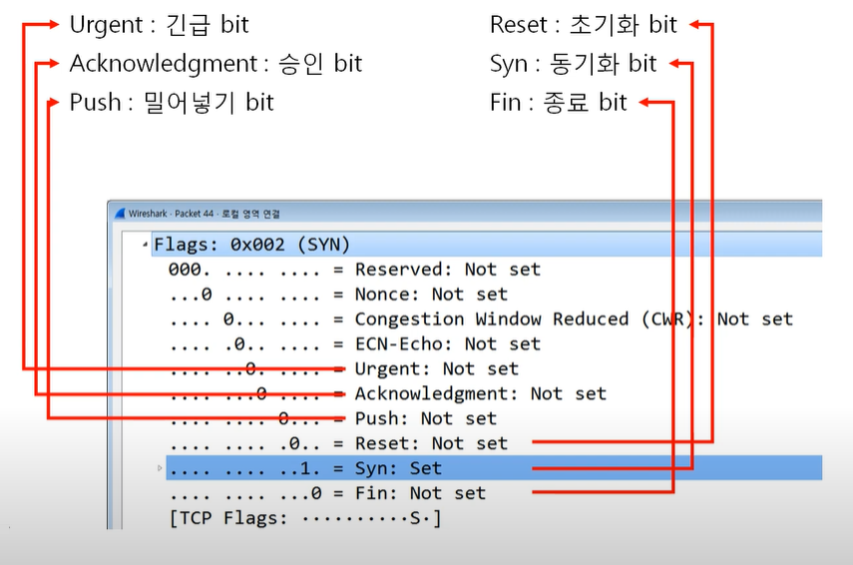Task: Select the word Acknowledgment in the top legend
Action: click(164, 64)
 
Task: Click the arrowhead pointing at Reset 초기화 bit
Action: click(698, 24)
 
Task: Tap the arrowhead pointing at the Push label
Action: click(54, 102)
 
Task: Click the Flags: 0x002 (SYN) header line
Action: click(251, 245)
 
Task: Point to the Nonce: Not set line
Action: click(431, 294)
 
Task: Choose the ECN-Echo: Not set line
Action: click(447, 344)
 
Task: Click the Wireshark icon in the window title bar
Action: click(121, 213)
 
